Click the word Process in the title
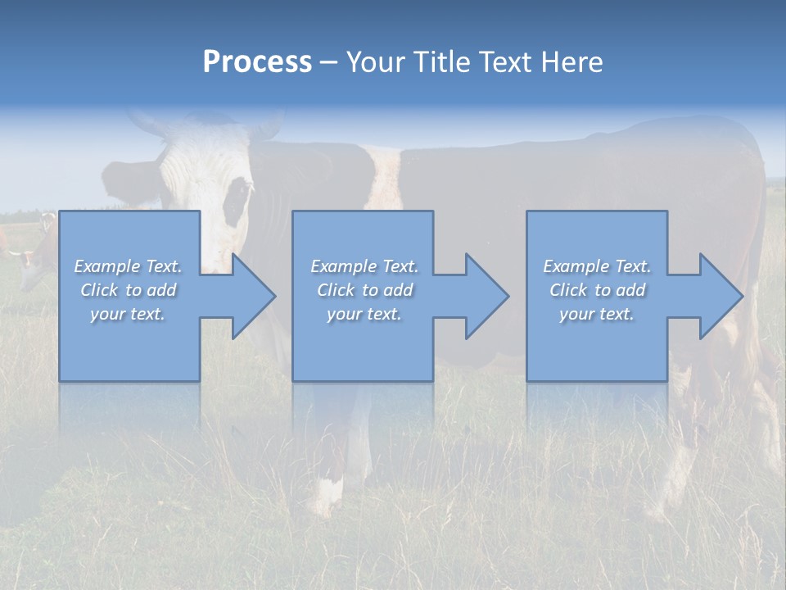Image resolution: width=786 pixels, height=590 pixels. point(257,62)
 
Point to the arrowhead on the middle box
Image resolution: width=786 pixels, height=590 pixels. point(486,297)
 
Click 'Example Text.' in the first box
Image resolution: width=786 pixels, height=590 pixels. point(128,266)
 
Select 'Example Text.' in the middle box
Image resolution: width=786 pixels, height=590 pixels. point(364,266)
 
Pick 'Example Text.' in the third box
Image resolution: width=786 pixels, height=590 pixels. point(596,266)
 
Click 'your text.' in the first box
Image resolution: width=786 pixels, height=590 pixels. point(128,314)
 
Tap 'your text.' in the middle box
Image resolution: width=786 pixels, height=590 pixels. point(364,314)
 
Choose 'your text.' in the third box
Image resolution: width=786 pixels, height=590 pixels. point(596,314)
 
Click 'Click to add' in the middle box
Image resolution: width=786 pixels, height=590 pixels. point(364,290)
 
